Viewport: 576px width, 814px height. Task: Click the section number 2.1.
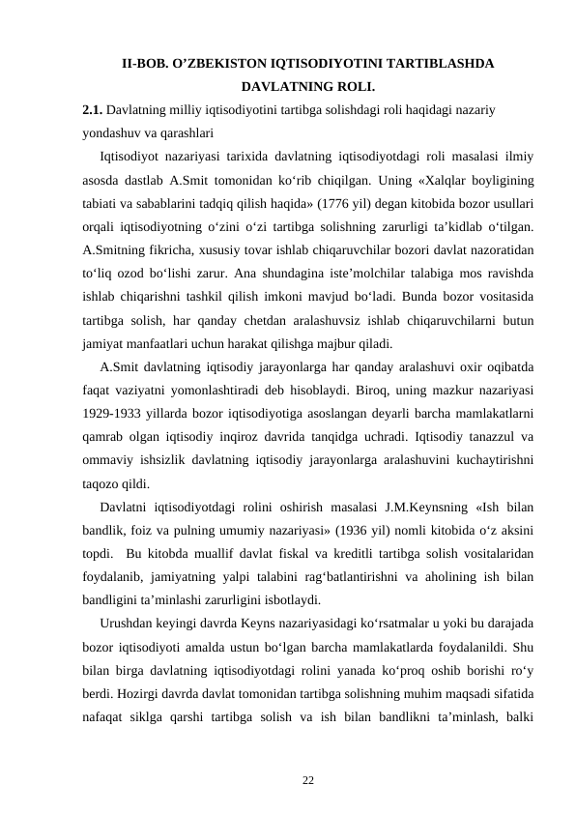click(x=93, y=110)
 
